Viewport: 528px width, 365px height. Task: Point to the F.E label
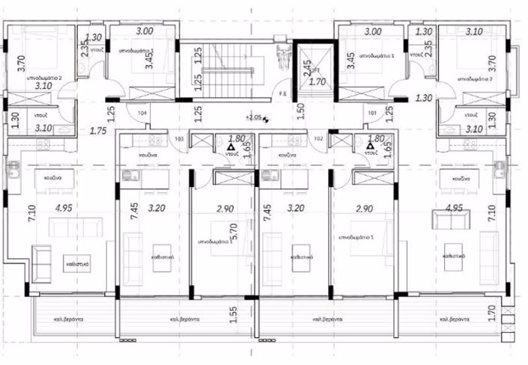click(x=283, y=93)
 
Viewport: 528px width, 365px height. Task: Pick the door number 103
click(x=179, y=139)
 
